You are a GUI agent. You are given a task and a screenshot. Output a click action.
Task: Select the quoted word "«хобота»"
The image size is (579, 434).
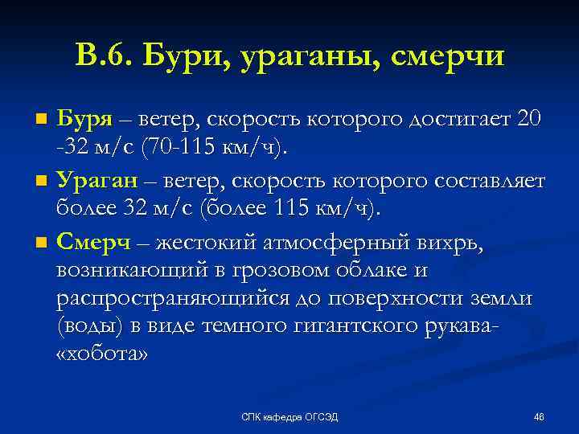point(103,356)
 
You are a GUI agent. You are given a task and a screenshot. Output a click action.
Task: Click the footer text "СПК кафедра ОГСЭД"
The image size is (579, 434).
point(290,416)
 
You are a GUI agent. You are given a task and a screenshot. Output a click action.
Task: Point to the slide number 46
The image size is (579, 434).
point(539,416)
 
